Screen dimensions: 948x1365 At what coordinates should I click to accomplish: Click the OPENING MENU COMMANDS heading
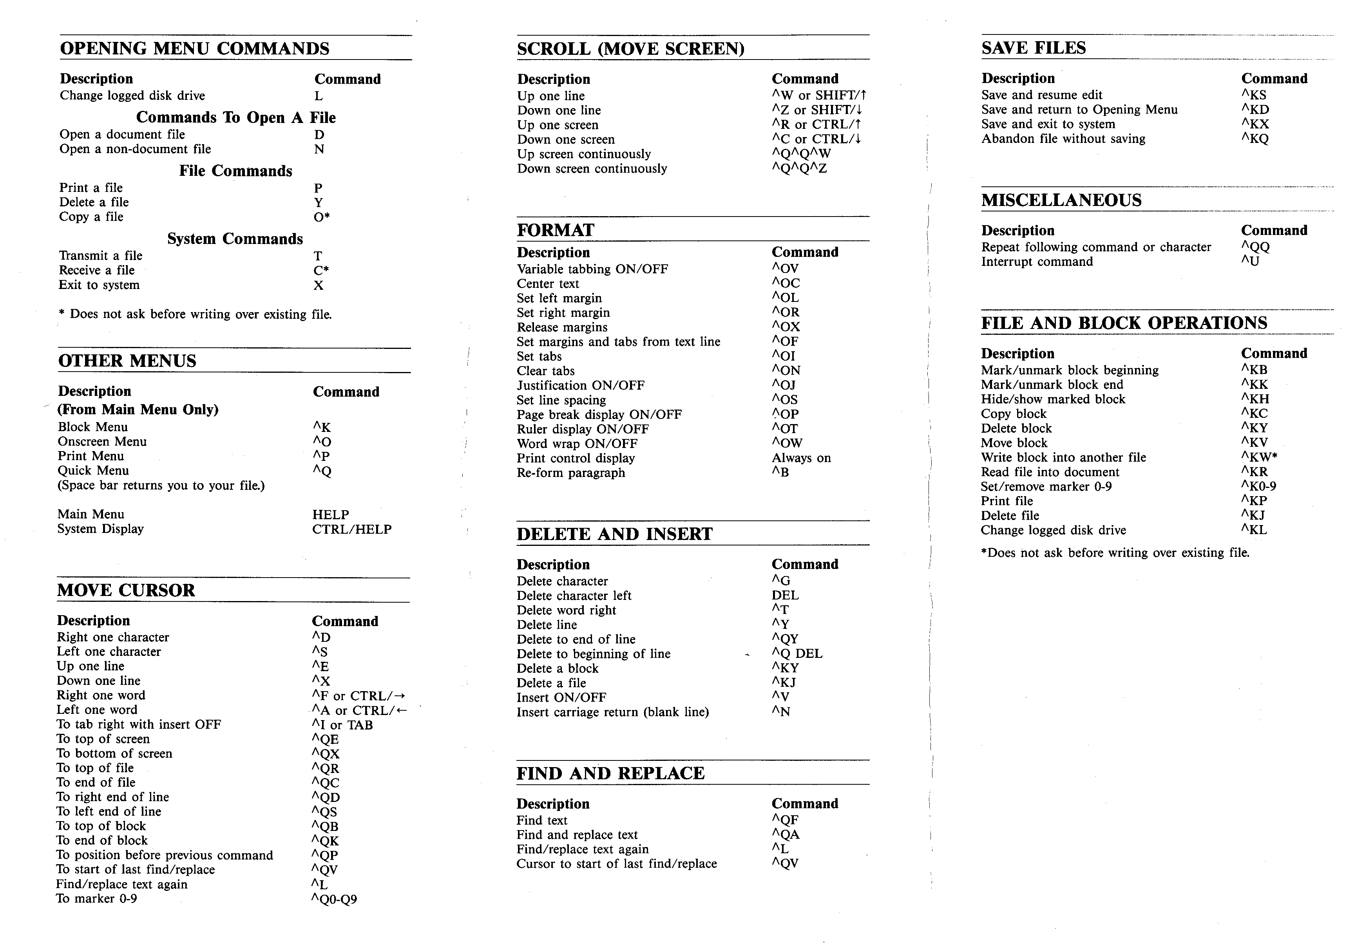pos(194,49)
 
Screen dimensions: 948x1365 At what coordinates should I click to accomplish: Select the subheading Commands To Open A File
pos(236,117)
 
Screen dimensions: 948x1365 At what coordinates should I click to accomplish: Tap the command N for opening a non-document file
pos(319,150)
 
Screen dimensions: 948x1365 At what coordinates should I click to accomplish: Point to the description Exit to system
pos(99,285)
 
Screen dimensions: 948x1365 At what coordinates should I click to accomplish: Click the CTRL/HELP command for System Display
pos(352,529)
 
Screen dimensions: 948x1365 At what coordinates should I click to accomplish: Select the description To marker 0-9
pos(96,899)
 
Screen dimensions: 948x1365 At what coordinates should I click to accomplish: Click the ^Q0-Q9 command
pos(334,899)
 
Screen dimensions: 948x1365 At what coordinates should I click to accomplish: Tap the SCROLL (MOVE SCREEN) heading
pos(630,49)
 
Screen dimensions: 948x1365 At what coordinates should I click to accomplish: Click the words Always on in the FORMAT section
pos(801,458)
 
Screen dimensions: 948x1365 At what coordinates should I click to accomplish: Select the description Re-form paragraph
pos(570,473)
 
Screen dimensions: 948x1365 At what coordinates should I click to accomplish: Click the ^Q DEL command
pos(797,654)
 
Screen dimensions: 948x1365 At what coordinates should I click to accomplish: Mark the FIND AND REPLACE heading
pos(610,773)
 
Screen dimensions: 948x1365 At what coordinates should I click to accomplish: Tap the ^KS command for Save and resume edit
pos(1253,95)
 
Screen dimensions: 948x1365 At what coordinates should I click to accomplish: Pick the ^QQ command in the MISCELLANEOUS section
pos(1255,247)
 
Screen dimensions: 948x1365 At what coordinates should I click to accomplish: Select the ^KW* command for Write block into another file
pos(1258,457)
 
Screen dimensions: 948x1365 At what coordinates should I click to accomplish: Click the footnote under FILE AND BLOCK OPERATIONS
pos(1115,553)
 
